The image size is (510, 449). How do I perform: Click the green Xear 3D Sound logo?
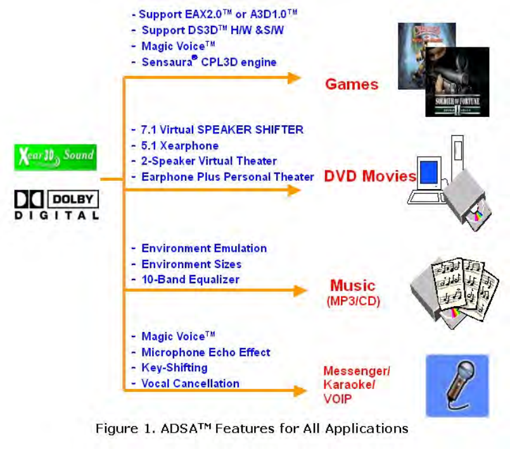(x=56, y=156)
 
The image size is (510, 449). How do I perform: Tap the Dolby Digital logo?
(x=57, y=206)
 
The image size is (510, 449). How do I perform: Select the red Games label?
(x=352, y=84)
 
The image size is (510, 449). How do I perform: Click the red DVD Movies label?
(x=370, y=176)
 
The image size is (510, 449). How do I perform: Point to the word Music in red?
(x=353, y=285)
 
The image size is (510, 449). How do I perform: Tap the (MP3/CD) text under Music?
(x=354, y=301)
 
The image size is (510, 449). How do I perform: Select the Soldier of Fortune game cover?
(x=457, y=82)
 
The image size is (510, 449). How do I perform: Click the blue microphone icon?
(x=457, y=384)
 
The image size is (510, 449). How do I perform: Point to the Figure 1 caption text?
(x=252, y=429)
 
